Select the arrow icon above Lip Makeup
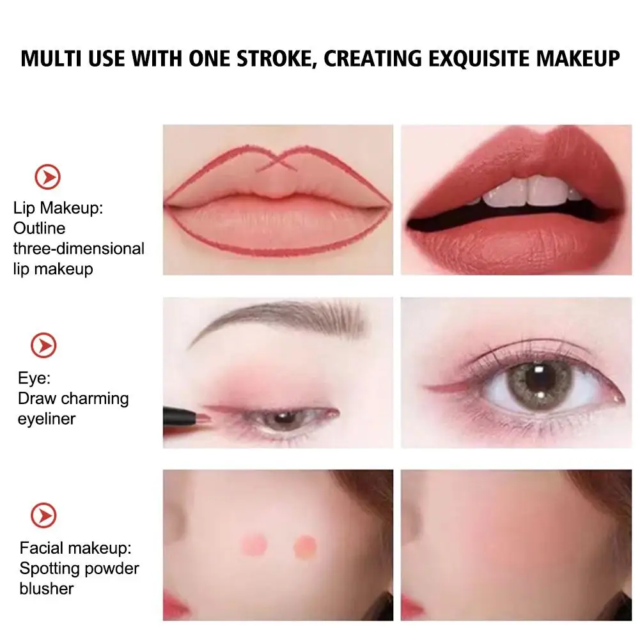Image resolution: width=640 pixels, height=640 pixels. pos(47,176)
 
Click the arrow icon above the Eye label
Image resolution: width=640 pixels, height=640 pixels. pos(44,346)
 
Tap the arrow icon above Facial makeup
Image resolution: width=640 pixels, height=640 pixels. pos(44,515)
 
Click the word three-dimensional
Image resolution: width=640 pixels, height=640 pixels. pos(79,248)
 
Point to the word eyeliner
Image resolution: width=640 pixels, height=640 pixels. pos(47,419)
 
